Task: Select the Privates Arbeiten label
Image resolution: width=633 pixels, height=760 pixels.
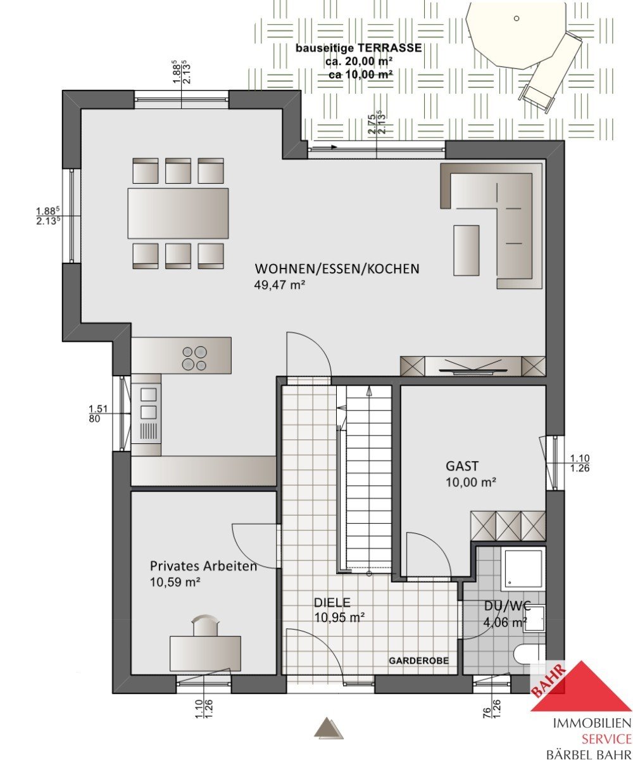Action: pyautogui.click(x=203, y=566)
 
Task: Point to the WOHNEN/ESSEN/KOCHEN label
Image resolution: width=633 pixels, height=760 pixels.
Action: pyautogui.click(x=337, y=269)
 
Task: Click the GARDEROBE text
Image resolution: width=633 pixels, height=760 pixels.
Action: pyautogui.click(x=418, y=661)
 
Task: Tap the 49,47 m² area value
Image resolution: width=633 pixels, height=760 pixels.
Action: pyautogui.click(x=279, y=284)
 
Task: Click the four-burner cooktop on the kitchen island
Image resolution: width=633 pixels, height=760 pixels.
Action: pyautogui.click(x=194, y=358)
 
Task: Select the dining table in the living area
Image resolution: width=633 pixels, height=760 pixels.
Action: pyautogui.click(x=178, y=213)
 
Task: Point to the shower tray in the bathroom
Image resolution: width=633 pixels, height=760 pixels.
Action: pyautogui.click(x=523, y=569)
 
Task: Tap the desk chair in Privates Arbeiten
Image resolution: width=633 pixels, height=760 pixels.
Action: pyautogui.click(x=206, y=625)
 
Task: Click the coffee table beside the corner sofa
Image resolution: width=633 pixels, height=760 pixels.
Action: pyautogui.click(x=466, y=250)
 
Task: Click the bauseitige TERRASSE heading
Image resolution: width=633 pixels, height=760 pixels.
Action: pyautogui.click(x=358, y=47)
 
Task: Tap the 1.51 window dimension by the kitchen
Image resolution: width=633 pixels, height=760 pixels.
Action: pyautogui.click(x=98, y=408)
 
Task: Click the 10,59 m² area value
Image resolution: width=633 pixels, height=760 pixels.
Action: pyautogui.click(x=175, y=582)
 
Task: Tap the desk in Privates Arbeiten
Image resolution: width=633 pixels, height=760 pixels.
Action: pyautogui.click(x=205, y=654)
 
